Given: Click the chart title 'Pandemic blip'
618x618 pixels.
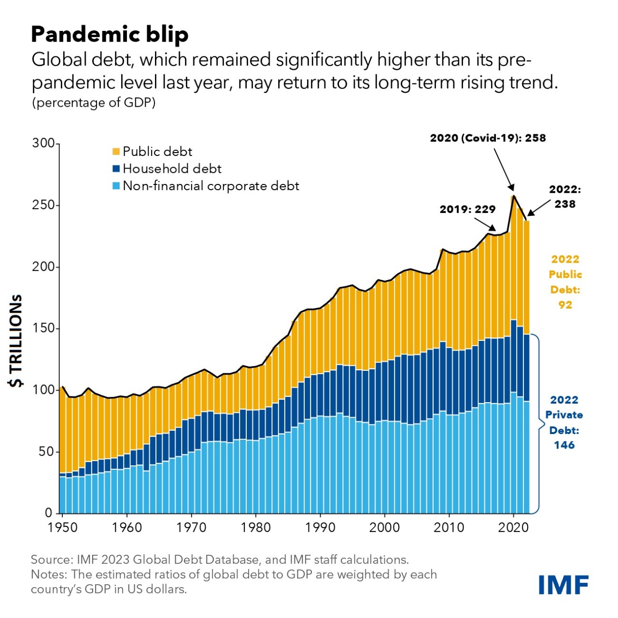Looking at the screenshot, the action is (110, 35).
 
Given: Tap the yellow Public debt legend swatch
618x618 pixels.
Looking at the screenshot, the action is (116, 152).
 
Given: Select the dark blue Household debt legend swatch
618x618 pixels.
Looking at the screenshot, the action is (116, 169).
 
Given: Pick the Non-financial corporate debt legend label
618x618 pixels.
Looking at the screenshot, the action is (211, 186).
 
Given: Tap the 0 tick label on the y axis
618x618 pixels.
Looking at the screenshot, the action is (48, 513).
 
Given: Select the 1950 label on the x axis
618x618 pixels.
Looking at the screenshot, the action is (63, 528).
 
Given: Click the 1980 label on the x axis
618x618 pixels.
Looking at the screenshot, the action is (255, 528).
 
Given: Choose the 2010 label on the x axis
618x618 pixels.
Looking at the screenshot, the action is (449, 528).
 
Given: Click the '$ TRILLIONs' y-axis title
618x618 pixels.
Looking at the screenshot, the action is (15, 340).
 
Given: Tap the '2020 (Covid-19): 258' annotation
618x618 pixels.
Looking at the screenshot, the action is (488, 138).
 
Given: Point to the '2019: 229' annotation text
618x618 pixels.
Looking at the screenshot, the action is (467, 209).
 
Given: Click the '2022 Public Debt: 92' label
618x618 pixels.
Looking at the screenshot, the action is (565, 282).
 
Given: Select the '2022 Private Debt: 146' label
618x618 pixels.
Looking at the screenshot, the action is (564, 422).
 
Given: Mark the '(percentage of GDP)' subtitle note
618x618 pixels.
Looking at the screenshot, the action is (94, 103).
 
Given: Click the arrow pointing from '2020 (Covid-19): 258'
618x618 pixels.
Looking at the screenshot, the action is (504, 169).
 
